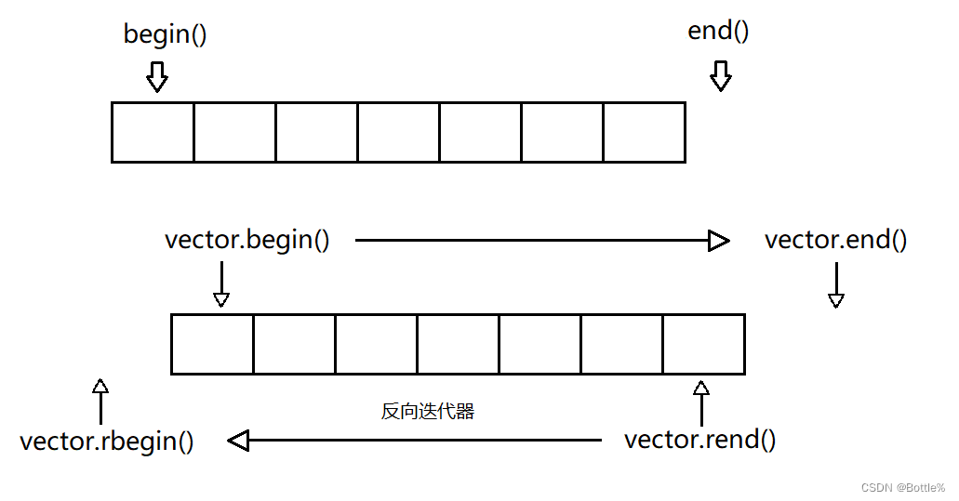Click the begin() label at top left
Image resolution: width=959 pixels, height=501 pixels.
tap(165, 35)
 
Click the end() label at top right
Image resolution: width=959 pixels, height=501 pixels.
tap(718, 31)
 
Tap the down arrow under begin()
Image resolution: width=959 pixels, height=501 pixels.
tap(157, 77)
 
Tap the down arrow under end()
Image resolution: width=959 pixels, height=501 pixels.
tap(721, 76)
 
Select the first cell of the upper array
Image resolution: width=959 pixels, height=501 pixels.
tap(153, 132)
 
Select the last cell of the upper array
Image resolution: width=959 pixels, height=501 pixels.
tap(644, 132)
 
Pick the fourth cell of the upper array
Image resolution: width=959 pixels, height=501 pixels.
tap(398, 132)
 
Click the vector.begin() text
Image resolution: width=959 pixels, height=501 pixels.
tap(246, 240)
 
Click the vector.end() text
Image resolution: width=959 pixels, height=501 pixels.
tap(835, 240)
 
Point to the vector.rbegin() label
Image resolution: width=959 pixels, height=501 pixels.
tap(107, 441)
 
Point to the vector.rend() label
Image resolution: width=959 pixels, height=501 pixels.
tap(699, 439)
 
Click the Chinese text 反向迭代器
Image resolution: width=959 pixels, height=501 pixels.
tap(428, 411)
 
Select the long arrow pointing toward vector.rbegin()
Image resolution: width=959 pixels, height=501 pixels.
tap(414, 441)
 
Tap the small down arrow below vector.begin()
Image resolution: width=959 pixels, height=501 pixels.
tap(221, 283)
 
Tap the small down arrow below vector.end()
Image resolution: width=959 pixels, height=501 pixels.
tap(836, 284)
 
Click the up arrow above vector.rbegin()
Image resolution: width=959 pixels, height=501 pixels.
tap(100, 401)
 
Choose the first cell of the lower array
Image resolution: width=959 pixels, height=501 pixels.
tap(212, 344)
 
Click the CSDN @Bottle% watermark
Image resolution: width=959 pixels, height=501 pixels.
tap(902, 488)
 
